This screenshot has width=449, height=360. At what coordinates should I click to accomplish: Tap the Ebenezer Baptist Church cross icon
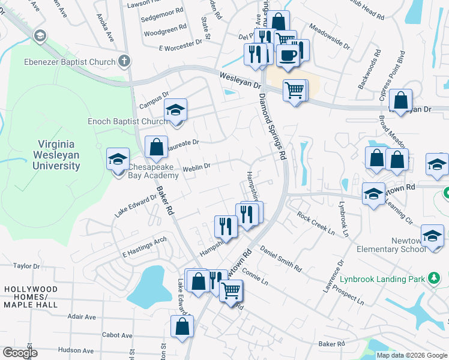tap(124, 61)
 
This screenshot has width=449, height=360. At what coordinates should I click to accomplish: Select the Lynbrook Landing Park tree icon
tap(432, 278)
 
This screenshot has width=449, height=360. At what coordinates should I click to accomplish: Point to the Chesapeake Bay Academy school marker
tap(118, 158)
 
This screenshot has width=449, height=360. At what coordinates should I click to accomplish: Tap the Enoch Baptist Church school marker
tap(176, 110)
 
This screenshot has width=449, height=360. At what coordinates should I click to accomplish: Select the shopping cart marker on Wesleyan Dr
tap(294, 90)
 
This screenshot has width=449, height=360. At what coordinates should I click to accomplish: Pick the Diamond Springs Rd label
tap(271, 126)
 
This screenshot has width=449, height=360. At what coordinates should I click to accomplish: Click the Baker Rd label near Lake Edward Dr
tap(166, 200)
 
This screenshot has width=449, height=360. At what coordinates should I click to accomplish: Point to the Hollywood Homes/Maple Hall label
tap(31, 297)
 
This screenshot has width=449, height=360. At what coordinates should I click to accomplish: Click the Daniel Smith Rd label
tap(280, 257)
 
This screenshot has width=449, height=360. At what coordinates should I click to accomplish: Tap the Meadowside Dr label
tap(330, 35)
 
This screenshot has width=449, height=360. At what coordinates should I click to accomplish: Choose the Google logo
tap(20, 352)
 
